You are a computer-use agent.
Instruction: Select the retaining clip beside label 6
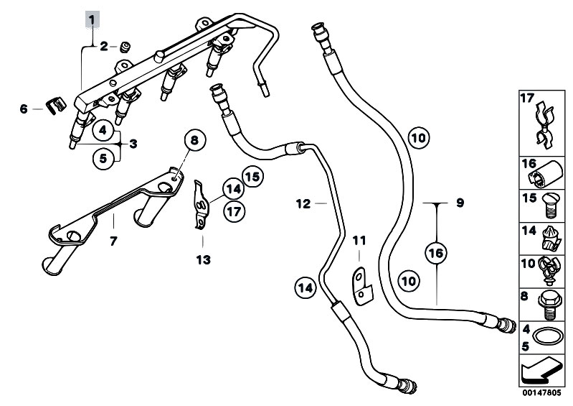pos(50,108)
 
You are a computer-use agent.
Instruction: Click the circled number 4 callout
pos(103,131)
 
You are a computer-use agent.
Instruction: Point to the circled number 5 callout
pos(103,156)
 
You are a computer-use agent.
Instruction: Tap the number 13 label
pos(204,259)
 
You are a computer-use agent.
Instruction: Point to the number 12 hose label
pos(303,204)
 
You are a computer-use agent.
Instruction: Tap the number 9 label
pos(460,203)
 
